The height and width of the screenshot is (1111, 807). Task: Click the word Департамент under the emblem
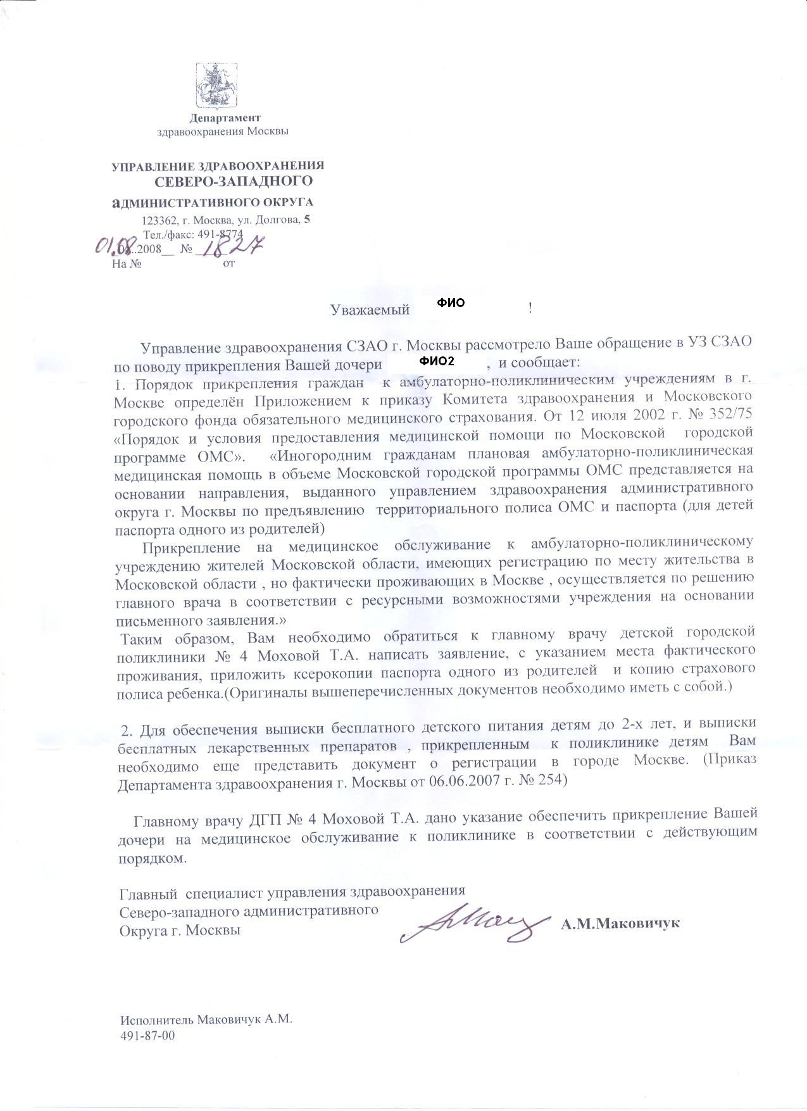coord(225,118)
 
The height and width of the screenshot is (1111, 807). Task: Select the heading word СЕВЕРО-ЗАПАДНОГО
coord(234,182)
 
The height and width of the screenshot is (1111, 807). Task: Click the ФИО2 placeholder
coord(437,361)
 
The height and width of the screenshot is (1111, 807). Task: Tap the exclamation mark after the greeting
coord(530,309)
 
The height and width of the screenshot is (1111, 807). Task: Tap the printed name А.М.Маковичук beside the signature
coord(620,923)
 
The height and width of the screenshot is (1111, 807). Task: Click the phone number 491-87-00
coord(147,1036)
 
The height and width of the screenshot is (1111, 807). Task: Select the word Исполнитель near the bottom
coord(158,1020)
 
